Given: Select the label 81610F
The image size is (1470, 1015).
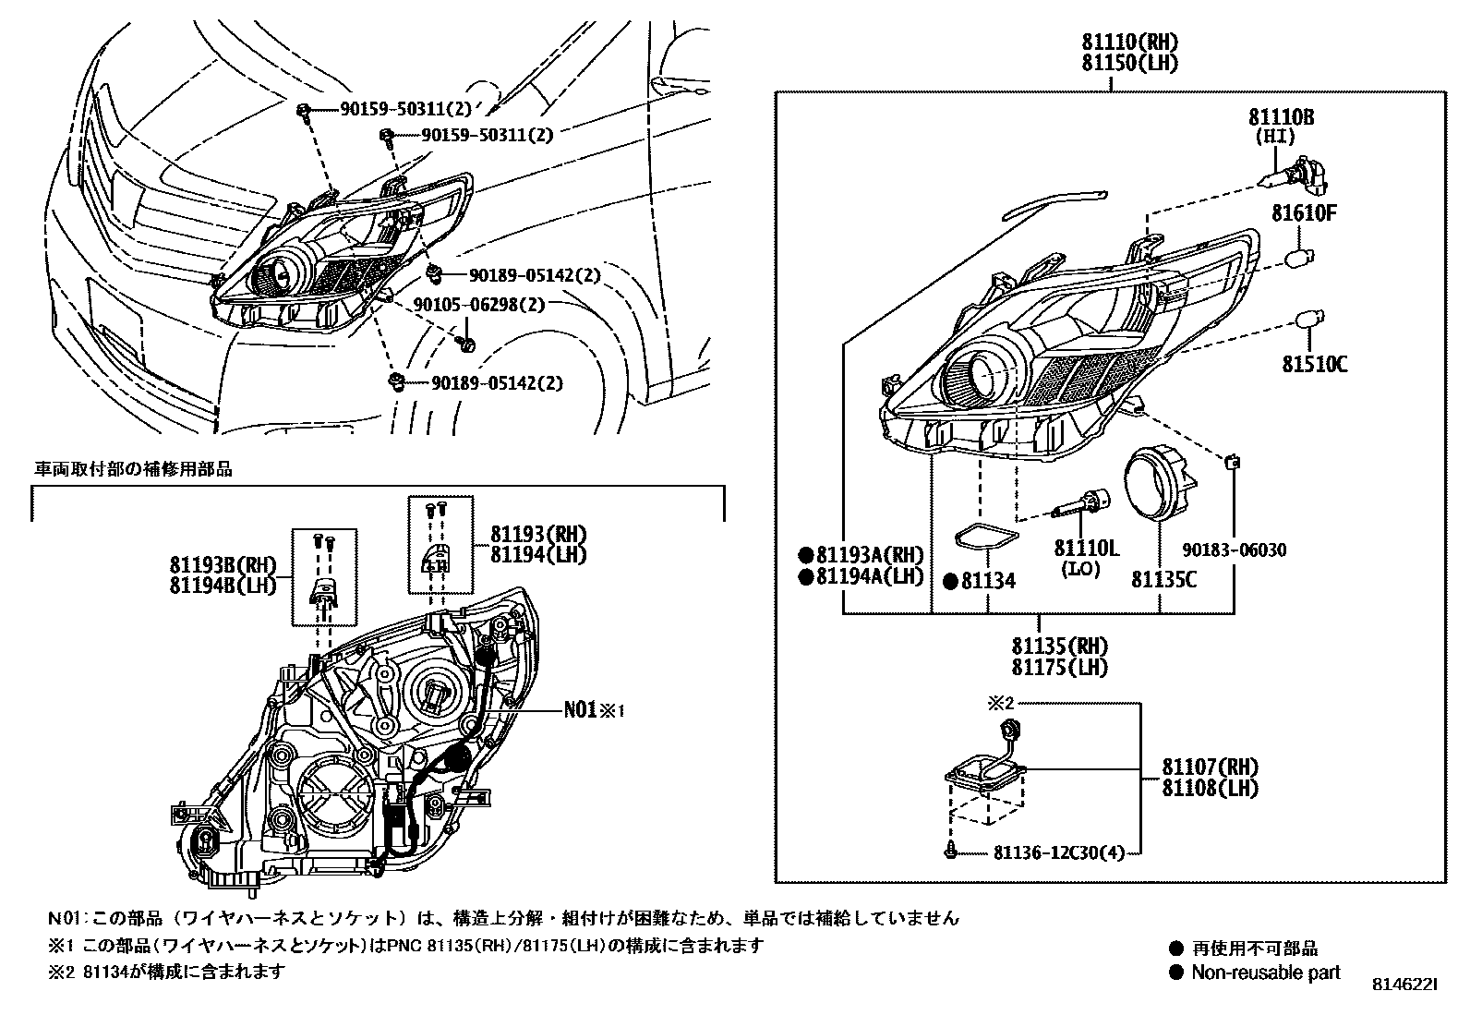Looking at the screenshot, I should tap(1304, 213).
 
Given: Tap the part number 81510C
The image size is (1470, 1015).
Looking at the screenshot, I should tap(1314, 364).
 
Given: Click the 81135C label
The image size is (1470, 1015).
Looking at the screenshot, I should tap(1163, 579).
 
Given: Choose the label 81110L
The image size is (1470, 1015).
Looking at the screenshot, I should tap(1086, 549).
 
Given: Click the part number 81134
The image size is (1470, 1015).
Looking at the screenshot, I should tap(988, 581).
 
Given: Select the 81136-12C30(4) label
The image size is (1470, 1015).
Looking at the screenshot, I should tap(1061, 852).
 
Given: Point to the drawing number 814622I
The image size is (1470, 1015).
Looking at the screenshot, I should tap(1404, 985).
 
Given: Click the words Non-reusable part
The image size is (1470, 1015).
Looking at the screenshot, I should tap(1265, 972).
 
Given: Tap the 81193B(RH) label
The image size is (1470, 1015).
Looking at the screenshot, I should tap(223, 564).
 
